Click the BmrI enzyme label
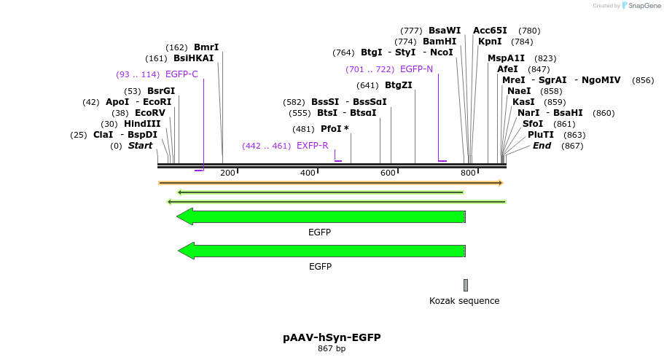(206, 47)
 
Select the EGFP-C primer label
(181, 74)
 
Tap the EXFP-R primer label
(312, 146)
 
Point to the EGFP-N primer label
(416, 69)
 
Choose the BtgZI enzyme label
(398, 85)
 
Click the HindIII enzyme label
(142, 124)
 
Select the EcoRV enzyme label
(150, 113)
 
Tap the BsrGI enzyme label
(161, 91)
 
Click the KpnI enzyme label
(490, 42)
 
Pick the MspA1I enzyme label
(506, 58)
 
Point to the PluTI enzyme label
(540, 135)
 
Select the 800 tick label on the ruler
(468, 173)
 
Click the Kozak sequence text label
(464, 301)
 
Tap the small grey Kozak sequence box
(466, 285)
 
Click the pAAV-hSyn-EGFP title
(332, 337)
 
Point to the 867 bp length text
(332, 349)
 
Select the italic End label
(542, 146)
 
